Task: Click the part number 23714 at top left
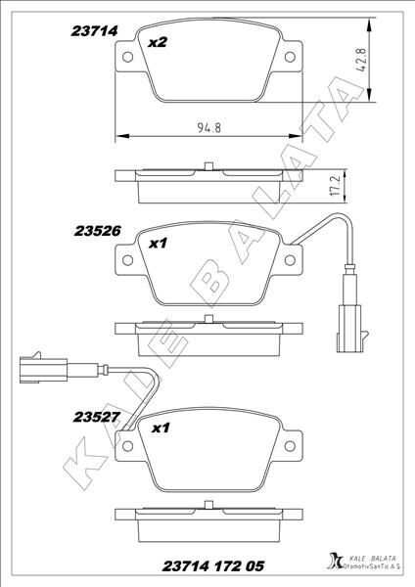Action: tap(94, 31)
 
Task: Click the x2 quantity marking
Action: tap(157, 43)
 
